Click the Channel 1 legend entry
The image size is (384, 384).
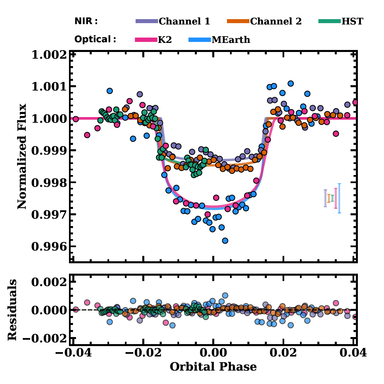point(184,21)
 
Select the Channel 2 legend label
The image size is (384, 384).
point(276,21)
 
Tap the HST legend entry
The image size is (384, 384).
point(352,21)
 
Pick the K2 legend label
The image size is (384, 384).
point(164,40)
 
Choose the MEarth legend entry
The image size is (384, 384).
point(231,40)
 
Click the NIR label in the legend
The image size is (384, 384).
point(86,21)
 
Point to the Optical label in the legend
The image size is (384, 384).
point(95,39)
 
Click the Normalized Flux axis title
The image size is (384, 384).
point(22,156)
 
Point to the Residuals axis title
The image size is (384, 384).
point(12,310)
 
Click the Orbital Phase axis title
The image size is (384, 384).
point(213,367)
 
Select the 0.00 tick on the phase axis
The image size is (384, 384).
point(213,353)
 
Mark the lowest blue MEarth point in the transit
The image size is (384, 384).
point(225,240)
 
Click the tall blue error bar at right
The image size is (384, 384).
point(339,198)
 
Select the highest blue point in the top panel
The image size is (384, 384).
point(291,84)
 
